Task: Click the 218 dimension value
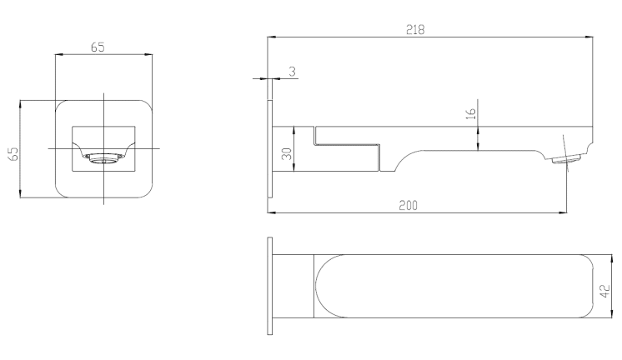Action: (x=415, y=30)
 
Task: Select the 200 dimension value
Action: (x=409, y=205)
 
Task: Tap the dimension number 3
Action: (x=293, y=72)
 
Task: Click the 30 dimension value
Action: (x=287, y=153)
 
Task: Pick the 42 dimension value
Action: (x=605, y=291)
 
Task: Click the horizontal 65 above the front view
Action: (x=98, y=47)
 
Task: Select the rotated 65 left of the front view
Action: (x=13, y=154)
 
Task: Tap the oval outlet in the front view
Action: (x=104, y=158)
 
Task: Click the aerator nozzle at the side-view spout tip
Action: (x=567, y=159)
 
